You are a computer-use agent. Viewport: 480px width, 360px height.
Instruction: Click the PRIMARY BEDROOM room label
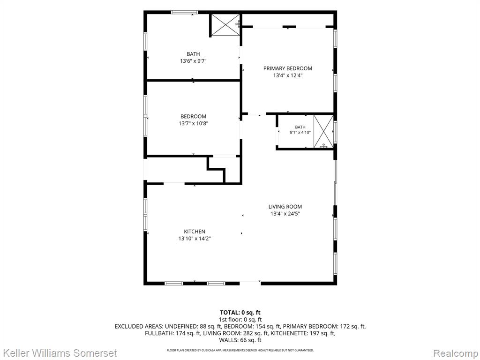click(x=288, y=68)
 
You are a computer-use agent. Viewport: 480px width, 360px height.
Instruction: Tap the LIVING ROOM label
click(x=285, y=207)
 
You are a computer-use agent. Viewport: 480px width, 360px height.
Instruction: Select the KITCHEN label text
click(x=195, y=232)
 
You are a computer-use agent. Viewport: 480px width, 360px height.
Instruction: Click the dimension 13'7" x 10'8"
click(x=194, y=124)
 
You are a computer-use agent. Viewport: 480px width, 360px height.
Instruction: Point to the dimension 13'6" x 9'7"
click(x=193, y=61)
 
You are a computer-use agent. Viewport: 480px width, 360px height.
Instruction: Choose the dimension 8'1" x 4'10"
click(x=300, y=133)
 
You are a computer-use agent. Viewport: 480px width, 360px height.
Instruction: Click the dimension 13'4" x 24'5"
click(x=285, y=214)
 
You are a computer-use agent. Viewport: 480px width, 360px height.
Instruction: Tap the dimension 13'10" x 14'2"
click(x=195, y=239)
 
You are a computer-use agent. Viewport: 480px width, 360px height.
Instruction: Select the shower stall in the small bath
click(x=323, y=132)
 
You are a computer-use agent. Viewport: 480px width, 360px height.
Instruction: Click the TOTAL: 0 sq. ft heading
click(x=240, y=313)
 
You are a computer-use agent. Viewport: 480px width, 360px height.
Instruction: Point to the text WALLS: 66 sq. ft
click(x=240, y=340)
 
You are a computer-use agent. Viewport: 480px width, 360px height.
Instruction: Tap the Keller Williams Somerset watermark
click(x=59, y=353)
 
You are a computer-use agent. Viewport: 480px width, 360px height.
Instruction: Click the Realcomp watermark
click(x=456, y=353)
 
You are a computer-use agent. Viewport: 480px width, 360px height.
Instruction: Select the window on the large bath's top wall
click(x=184, y=13)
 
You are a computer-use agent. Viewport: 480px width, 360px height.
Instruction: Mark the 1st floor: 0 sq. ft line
click(x=240, y=320)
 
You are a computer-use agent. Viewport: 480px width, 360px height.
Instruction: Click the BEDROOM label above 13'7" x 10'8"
click(x=193, y=117)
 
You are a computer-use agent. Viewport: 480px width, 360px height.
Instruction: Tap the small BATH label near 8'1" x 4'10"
click(x=300, y=127)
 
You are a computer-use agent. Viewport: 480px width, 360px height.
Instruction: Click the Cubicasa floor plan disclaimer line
click(x=240, y=350)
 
